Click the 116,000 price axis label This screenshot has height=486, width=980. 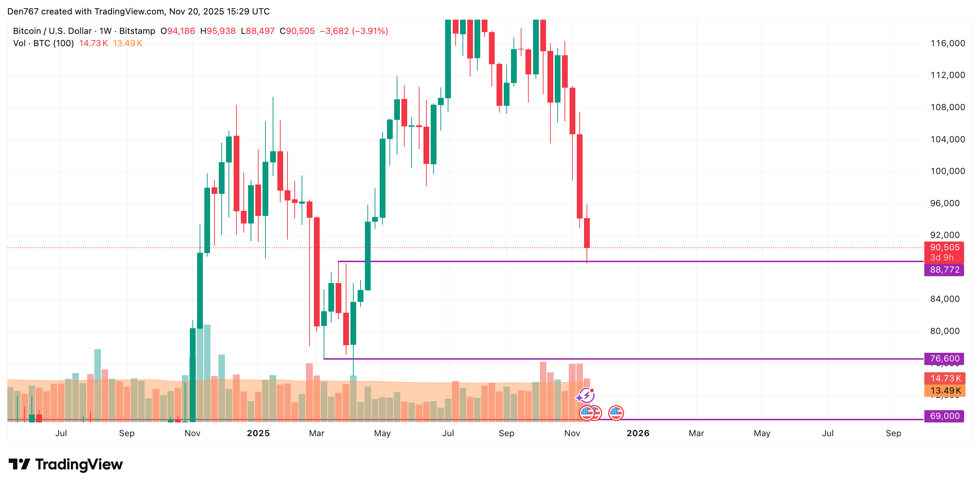(x=947, y=43)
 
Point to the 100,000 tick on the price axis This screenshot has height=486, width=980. (x=947, y=171)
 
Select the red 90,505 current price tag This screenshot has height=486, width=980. (x=944, y=248)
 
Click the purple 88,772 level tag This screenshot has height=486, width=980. (x=944, y=270)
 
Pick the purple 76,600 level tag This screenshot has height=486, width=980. (x=944, y=358)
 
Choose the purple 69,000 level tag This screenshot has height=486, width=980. (x=944, y=416)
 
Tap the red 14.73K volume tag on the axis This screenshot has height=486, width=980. (x=945, y=378)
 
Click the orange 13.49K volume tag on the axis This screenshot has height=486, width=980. (x=945, y=391)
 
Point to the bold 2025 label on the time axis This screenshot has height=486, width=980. (x=258, y=433)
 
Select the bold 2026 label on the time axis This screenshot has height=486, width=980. (x=638, y=433)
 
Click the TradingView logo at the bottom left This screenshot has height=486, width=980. (x=65, y=464)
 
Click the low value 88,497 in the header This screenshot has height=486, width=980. (x=260, y=31)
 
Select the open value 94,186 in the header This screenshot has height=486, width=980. (x=181, y=31)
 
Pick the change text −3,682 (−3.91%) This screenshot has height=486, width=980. (x=354, y=31)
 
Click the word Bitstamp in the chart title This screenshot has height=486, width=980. (x=137, y=31)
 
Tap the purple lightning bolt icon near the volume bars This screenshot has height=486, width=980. (x=587, y=396)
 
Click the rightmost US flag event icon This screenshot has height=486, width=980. (x=615, y=413)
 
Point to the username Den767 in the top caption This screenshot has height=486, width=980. (x=23, y=12)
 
